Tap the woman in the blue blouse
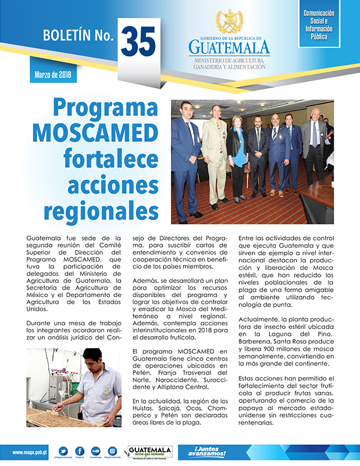[238, 157]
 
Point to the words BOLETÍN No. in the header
[78, 36]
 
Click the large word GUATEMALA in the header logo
[229, 47]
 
